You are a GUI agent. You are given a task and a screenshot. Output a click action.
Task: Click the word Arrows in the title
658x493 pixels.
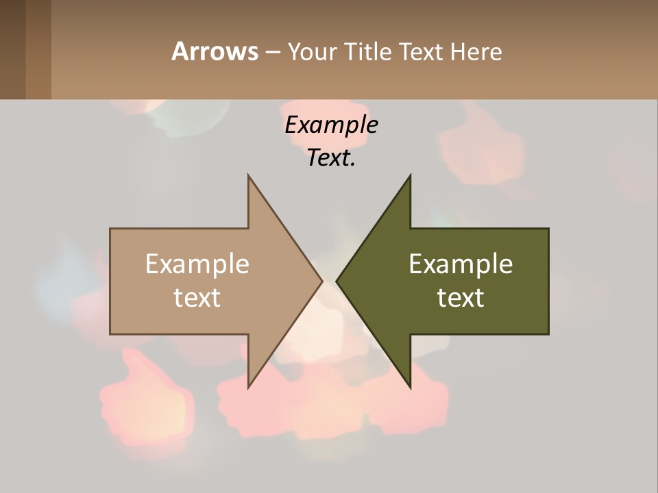click(215, 51)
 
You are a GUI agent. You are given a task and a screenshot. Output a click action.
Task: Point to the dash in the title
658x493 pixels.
click(272, 52)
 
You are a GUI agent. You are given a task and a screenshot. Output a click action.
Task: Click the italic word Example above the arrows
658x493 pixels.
click(331, 125)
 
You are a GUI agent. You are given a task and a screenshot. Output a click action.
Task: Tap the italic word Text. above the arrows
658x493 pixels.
click(331, 157)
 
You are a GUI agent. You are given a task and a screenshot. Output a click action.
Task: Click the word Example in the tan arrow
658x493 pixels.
click(197, 264)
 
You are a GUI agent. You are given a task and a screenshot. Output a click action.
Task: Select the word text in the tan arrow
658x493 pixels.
click(197, 298)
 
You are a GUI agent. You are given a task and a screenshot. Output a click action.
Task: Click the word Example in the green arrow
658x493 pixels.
click(461, 264)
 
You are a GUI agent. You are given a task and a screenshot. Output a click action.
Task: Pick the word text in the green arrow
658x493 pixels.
click(461, 298)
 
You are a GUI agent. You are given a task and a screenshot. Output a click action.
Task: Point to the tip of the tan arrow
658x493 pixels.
click(320, 281)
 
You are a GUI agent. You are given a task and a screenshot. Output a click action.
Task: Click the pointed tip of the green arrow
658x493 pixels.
click(338, 281)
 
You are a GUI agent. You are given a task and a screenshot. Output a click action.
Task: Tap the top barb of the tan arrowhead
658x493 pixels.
click(250, 179)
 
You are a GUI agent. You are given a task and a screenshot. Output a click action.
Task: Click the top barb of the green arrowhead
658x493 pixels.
click(409, 179)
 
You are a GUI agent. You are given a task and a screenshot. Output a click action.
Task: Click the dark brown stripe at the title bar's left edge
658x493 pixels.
click(12, 49)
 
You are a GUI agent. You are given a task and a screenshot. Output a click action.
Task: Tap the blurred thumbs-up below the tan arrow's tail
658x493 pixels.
click(144, 397)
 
